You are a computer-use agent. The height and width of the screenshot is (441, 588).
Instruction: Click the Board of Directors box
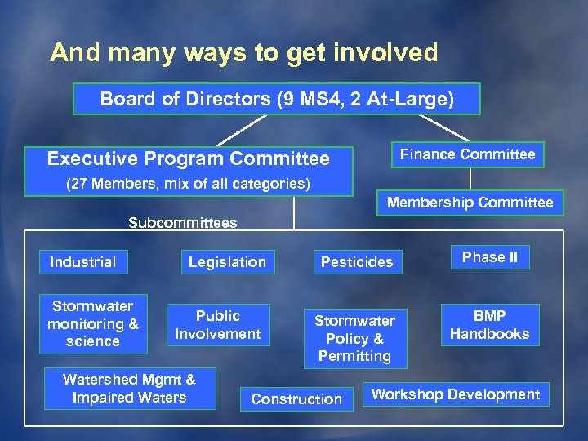(x=276, y=100)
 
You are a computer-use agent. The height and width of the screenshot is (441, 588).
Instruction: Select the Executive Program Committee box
(x=189, y=159)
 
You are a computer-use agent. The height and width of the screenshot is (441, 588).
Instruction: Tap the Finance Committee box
(x=467, y=154)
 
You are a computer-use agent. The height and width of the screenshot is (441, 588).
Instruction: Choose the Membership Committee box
(x=470, y=203)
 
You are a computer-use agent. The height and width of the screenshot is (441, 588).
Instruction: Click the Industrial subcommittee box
(x=82, y=262)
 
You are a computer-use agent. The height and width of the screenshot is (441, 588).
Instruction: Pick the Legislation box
(x=227, y=262)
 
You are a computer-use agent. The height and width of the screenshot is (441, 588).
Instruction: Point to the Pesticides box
(x=357, y=262)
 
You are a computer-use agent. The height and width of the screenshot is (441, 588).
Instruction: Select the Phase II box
(x=490, y=257)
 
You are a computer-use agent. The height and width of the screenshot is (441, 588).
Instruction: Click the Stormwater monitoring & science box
(x=92, y=324)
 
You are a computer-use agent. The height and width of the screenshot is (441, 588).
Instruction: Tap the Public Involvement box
(x=218, y=325)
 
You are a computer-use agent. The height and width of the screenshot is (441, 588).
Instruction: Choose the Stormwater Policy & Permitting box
(x=354, y=338)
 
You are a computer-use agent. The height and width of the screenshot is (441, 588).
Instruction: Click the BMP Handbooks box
(x=489, y=325)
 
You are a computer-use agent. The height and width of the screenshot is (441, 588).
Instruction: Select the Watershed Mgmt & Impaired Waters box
(x=129, y=389)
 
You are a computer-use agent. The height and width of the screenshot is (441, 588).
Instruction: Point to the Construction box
(x=296, y=399)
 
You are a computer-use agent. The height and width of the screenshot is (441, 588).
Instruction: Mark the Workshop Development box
(x=456, y=394)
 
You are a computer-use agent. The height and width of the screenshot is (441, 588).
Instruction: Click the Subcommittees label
(x=183, y=223)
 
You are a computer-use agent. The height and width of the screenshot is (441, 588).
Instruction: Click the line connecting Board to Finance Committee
(x=444, y=127)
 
